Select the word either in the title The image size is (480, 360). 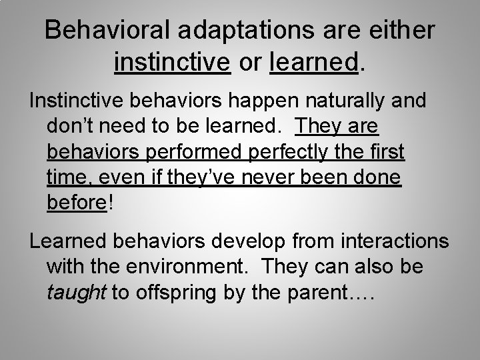pyautogui.click(x=405, y=31)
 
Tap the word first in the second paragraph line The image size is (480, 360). pyautogui.click(x=383, y=152)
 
